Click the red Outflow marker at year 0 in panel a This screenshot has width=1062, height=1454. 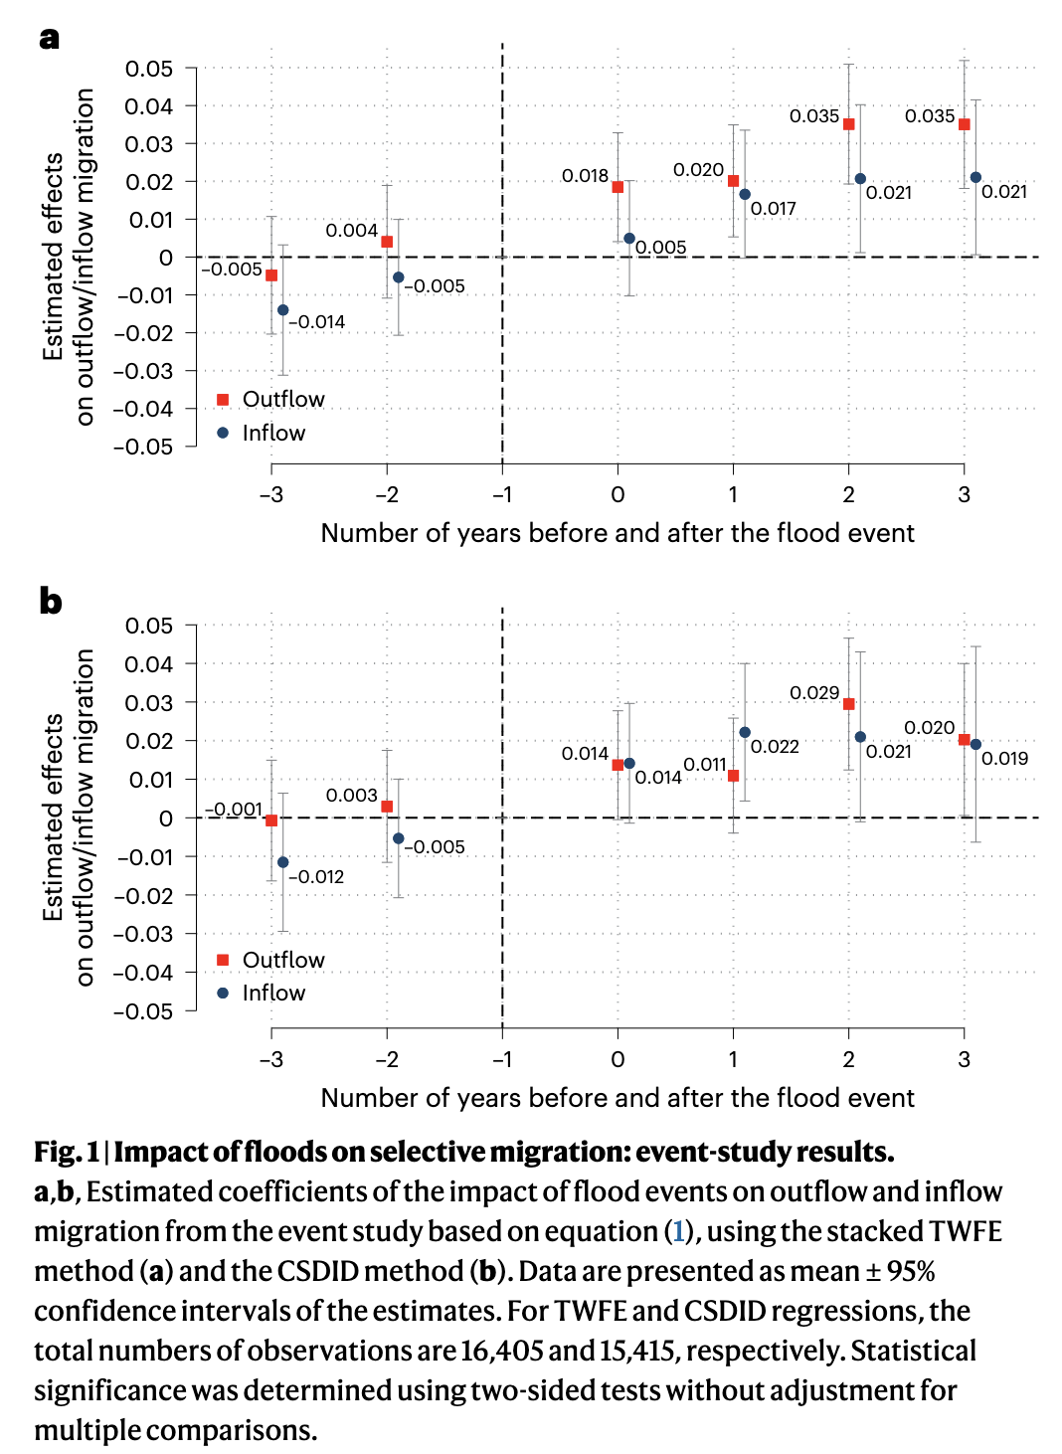[618, 187]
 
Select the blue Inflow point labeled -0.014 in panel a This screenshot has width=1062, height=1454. [283, 310]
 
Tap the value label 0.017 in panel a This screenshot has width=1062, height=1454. [773, 209]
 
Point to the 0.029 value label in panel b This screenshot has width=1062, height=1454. [814, 692]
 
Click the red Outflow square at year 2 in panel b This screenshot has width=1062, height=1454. [848, 704]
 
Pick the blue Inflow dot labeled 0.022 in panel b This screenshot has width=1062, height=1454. [745, 732]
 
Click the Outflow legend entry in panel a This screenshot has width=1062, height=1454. [270, 399]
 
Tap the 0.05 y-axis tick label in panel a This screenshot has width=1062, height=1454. [148, 69]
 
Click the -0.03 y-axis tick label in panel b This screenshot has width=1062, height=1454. [143, 934]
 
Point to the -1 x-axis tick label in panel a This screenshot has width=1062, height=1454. [502, 494]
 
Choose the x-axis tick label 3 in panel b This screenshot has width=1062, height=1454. [964, 1059]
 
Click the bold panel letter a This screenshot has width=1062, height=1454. [50, 39]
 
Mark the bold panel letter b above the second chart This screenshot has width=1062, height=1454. [51, 601]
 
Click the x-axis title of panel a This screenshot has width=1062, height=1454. [618, 533]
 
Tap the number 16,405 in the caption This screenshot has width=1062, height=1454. [502, 1351]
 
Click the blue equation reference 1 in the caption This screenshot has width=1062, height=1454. [678, 1231]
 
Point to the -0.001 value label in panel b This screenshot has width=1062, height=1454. [234, 809]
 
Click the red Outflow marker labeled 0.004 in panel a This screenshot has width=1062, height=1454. [387, 242]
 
